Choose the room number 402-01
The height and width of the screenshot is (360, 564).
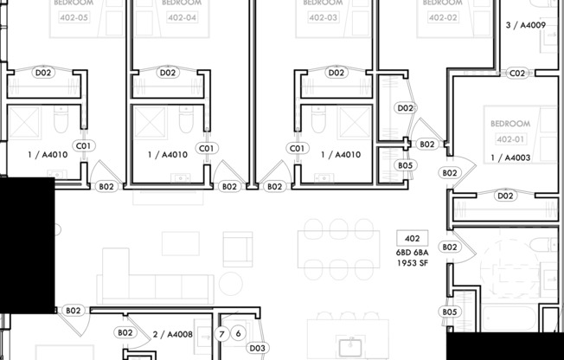[x=510, y=138]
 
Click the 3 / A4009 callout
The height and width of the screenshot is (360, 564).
[x=525, y=26]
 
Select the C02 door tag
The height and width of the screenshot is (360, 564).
[x=517, y=74]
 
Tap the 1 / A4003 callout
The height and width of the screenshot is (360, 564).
[x=510, y=157]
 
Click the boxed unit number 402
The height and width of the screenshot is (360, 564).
[x=412, y=238]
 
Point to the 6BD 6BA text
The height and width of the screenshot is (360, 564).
[x=412, y=252]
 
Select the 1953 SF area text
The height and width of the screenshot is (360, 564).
[x=412, y=263]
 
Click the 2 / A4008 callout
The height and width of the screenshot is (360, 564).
[x=172, y=334]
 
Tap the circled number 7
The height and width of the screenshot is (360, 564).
[x=222, y=334]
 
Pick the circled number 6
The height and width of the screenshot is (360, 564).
[x=238, y=334]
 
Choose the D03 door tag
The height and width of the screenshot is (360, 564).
[x=257, y=348]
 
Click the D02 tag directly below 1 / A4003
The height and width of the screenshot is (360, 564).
[x=505, y=196]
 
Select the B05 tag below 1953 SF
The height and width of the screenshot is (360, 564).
[x=449, y=312]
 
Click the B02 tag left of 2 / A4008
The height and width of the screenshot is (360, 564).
[x=125, y=332]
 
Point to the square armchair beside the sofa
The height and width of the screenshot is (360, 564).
[x=237, y=248]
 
